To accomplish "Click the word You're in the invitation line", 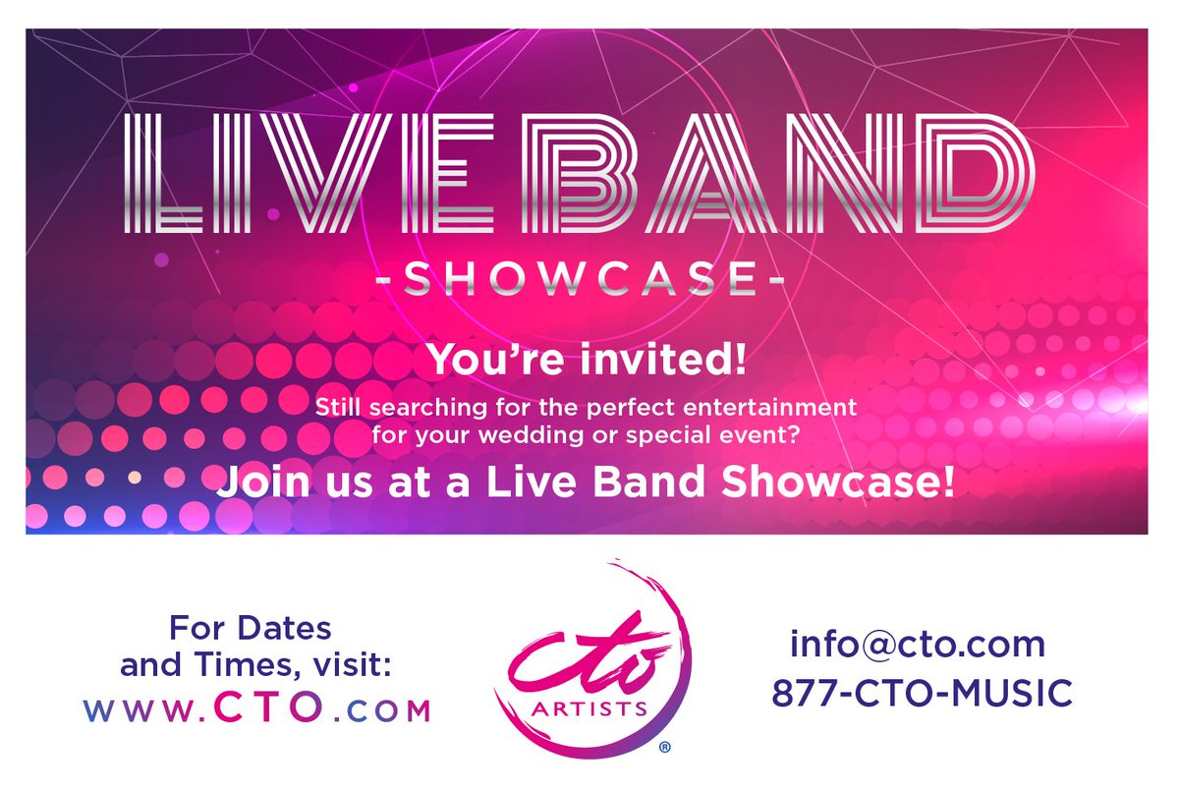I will pos(491,361).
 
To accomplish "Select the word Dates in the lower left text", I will pos(290,626).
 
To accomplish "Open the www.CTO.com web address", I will pos(256,708).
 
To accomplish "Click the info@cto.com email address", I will pos(917,646).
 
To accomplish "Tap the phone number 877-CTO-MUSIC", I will pos(922,693).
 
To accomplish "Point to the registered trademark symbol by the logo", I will pos(665,748).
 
